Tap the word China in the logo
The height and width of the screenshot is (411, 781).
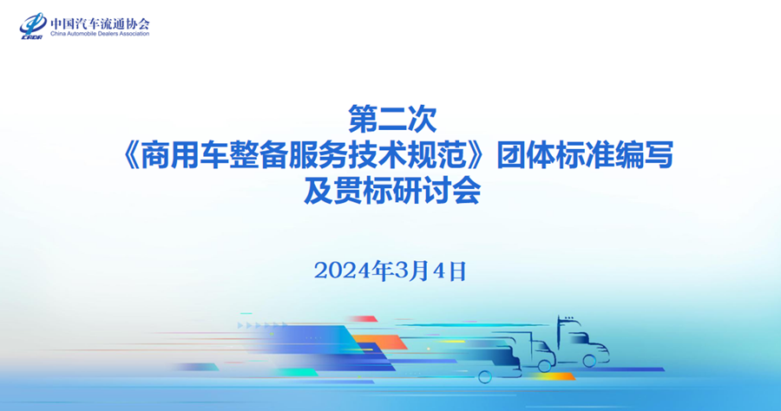[x=59, y=34]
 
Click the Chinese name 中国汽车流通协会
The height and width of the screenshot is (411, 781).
[x=100, y=21]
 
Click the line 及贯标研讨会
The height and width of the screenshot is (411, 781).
[x=390, y=190]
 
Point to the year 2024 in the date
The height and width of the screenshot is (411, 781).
[x=340, y=271]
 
